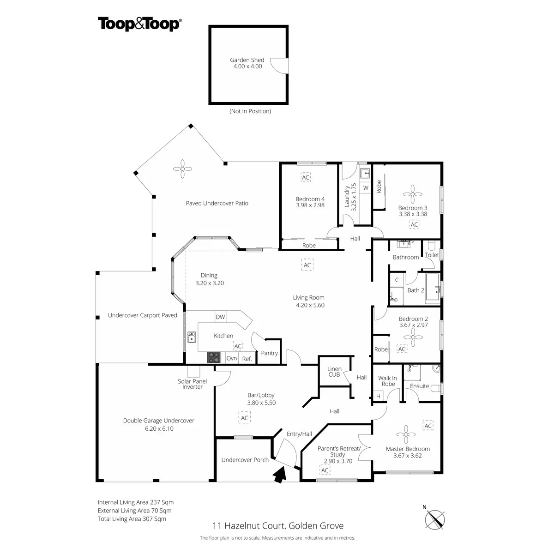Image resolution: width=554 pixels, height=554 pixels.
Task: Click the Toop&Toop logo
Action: [x=139, y=24]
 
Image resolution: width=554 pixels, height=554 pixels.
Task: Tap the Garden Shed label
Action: [x=247, y=60]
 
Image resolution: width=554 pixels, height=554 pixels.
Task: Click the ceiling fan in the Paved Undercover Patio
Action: [x=183, y=169]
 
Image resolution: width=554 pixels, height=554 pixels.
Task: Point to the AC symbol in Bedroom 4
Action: [x=306, y=177]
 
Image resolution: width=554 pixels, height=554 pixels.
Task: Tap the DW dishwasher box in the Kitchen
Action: [x=220, y=317]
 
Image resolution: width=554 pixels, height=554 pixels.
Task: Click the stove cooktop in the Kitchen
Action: [x=214, y=357]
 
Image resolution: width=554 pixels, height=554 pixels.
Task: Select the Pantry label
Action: [x=269, y=353]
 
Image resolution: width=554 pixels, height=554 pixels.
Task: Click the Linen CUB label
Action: [x=334, y=372]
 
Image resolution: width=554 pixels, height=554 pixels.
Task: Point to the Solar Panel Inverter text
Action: [x=193, y=384]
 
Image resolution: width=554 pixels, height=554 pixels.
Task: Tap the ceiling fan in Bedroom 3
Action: [x=412, y=193]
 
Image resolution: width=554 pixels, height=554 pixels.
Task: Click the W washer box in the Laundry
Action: [x=366, y=188]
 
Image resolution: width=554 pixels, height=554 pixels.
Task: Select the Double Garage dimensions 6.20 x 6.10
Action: [x=158, y=428]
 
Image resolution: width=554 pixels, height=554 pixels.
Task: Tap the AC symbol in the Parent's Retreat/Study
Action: [x=325, y=470]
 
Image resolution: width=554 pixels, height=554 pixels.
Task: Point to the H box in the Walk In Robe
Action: [x=379, y=396]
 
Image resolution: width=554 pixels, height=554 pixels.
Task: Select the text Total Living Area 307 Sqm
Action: [x=132, y=519]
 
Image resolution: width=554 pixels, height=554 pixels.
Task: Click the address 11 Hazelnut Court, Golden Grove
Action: [x=277, y=525]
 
